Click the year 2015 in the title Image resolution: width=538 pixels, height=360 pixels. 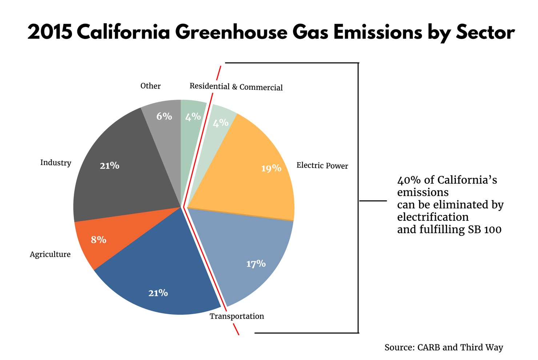click(50, 32)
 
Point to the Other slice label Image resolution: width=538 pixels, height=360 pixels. click(150, 86)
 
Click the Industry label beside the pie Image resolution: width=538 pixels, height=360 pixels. click(56, 163)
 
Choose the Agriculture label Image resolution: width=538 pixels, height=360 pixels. click(50, 254)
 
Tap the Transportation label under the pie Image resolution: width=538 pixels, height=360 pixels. click(237, 316)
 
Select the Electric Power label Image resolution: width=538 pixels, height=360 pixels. click(322, 166)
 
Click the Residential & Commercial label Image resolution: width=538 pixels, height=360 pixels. click(236, 87)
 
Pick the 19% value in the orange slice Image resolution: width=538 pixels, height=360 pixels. click(271, 168)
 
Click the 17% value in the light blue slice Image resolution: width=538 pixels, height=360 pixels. click(256, 264)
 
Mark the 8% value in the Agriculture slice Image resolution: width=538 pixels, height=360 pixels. click(99, 240)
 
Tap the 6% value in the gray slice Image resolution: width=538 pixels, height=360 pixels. click(164, 116)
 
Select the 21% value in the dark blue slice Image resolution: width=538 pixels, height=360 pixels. click(158, 293)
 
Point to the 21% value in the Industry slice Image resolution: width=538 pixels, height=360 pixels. click(109, 165)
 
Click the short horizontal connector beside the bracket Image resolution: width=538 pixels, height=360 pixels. click(373, 201)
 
